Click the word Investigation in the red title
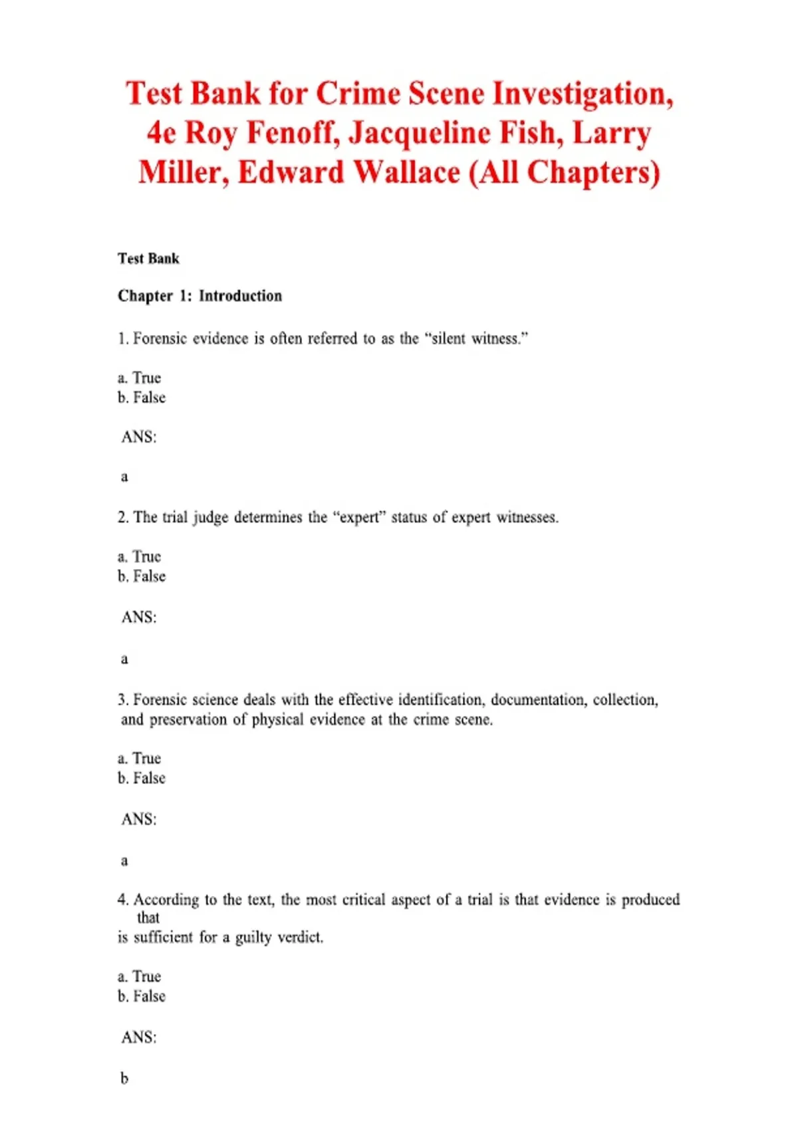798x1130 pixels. pyautogui.click(x=583, y=93)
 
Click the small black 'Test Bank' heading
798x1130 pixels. pyautogui.click(x=148, y=259)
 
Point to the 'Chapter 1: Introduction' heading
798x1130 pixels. pyautogui.click(x=199, y=296)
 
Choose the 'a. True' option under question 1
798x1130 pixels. pyautogui.click(x=140, y=378)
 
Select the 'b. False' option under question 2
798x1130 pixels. pyautogui.click(x=142, y=576)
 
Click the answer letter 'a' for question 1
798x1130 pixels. pyautogui.click(x=124, y=477)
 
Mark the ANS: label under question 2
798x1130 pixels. pyautogui.click(x=139, y=617)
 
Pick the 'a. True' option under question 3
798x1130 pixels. pyautogui.click(x=140, y=758)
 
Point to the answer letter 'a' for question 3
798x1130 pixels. pyautogui.click(x=124, y=861)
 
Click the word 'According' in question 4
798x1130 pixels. pyautogui.click(x=166, y=899)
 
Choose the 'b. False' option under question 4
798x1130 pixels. pyautogui.click(x=142, y=996)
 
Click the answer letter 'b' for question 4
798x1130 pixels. pyautogui.click(x=124, y=1078)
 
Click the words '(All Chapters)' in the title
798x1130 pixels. pyautogui.click(x=565, y=172)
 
